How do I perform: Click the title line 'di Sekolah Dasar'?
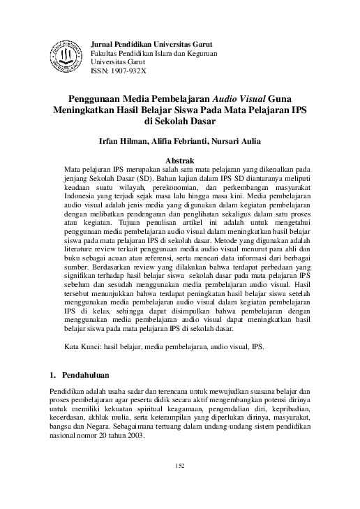click(180, 121)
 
